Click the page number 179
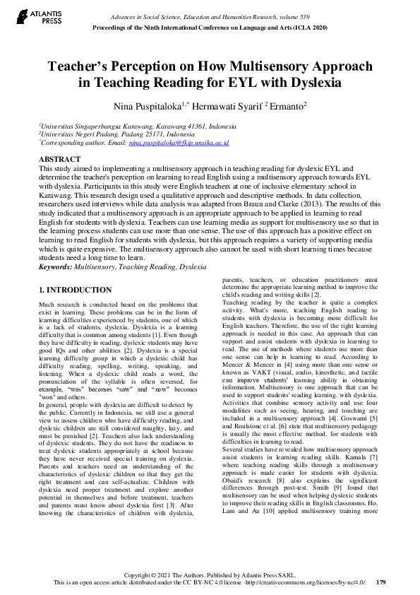[x=380, y=582]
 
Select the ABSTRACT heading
[x=59, y=160]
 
